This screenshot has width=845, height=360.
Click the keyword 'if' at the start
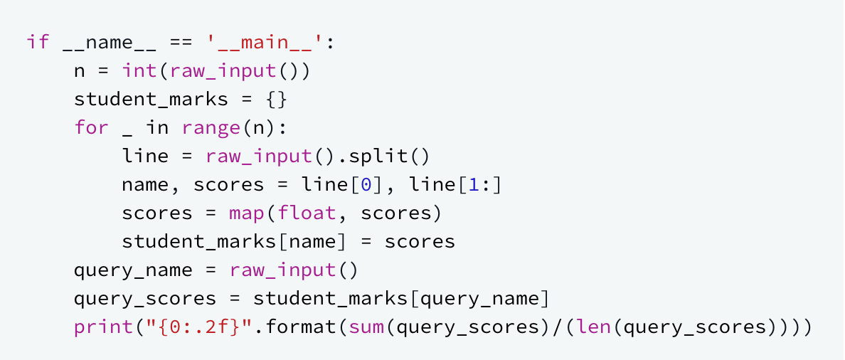click(x=38, y=42)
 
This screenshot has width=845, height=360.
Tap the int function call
click(x=139, y=70)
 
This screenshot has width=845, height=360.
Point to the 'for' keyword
click(x=92, y=127)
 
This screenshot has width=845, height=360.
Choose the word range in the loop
click(x=211, y=127)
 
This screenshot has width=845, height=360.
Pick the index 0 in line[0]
click(x=366, y=184)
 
